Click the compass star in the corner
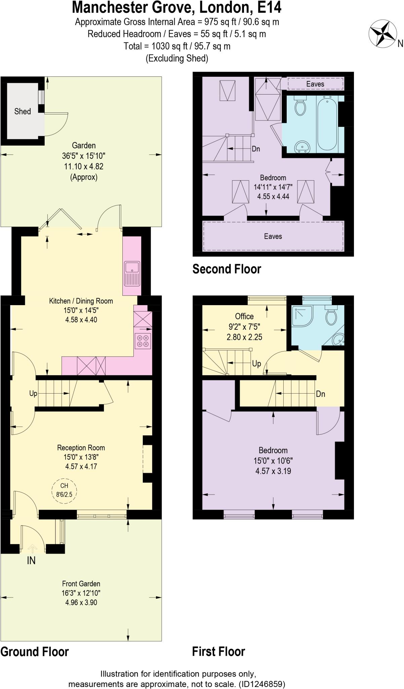(383, 33)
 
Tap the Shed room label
(23, 111)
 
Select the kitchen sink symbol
(132, 273)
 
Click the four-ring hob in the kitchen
(143, 340)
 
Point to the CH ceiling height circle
(64, 490)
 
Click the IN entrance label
(31, 560)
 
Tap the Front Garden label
(81, 584)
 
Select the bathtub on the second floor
(327, 123)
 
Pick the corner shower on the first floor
(301, 316)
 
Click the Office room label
(244, 316)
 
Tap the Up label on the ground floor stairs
(33, 393)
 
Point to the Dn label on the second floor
(256, 149)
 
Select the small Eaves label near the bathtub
(315, 84)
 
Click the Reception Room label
(81, 448)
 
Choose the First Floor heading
(218, 651)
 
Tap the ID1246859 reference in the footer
(262, 684)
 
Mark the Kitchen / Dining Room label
(81, 301)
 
